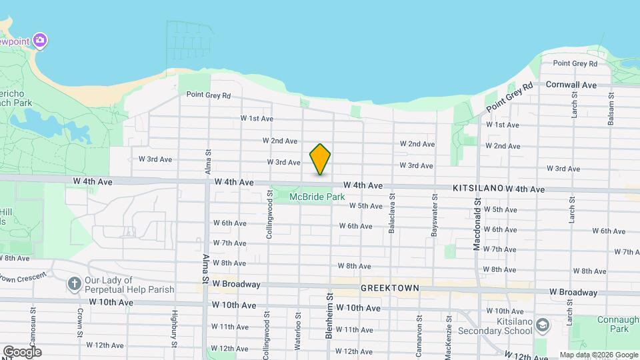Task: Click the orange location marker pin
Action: [320, 159]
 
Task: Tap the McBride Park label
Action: [317, 197]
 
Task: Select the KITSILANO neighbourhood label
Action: [477, 189]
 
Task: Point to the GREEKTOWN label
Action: [389, 288]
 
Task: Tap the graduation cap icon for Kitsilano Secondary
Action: [542, 324]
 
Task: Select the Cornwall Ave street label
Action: [571, 85]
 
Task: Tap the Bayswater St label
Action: [434, 215]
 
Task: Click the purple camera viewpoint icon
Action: [40, 41]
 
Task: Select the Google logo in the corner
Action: [22, 351]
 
